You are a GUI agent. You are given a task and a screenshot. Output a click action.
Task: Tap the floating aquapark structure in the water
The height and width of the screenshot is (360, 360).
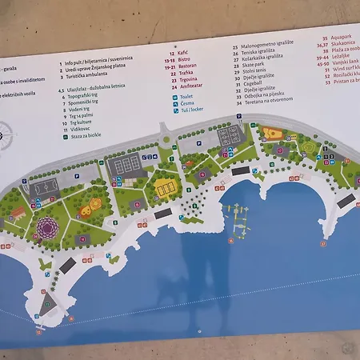point(238,220)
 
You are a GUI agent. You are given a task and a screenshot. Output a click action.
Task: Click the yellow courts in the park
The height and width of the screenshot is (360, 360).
point(166,189)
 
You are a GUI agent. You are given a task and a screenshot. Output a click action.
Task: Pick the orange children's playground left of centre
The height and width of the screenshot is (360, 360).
point(94,203)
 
